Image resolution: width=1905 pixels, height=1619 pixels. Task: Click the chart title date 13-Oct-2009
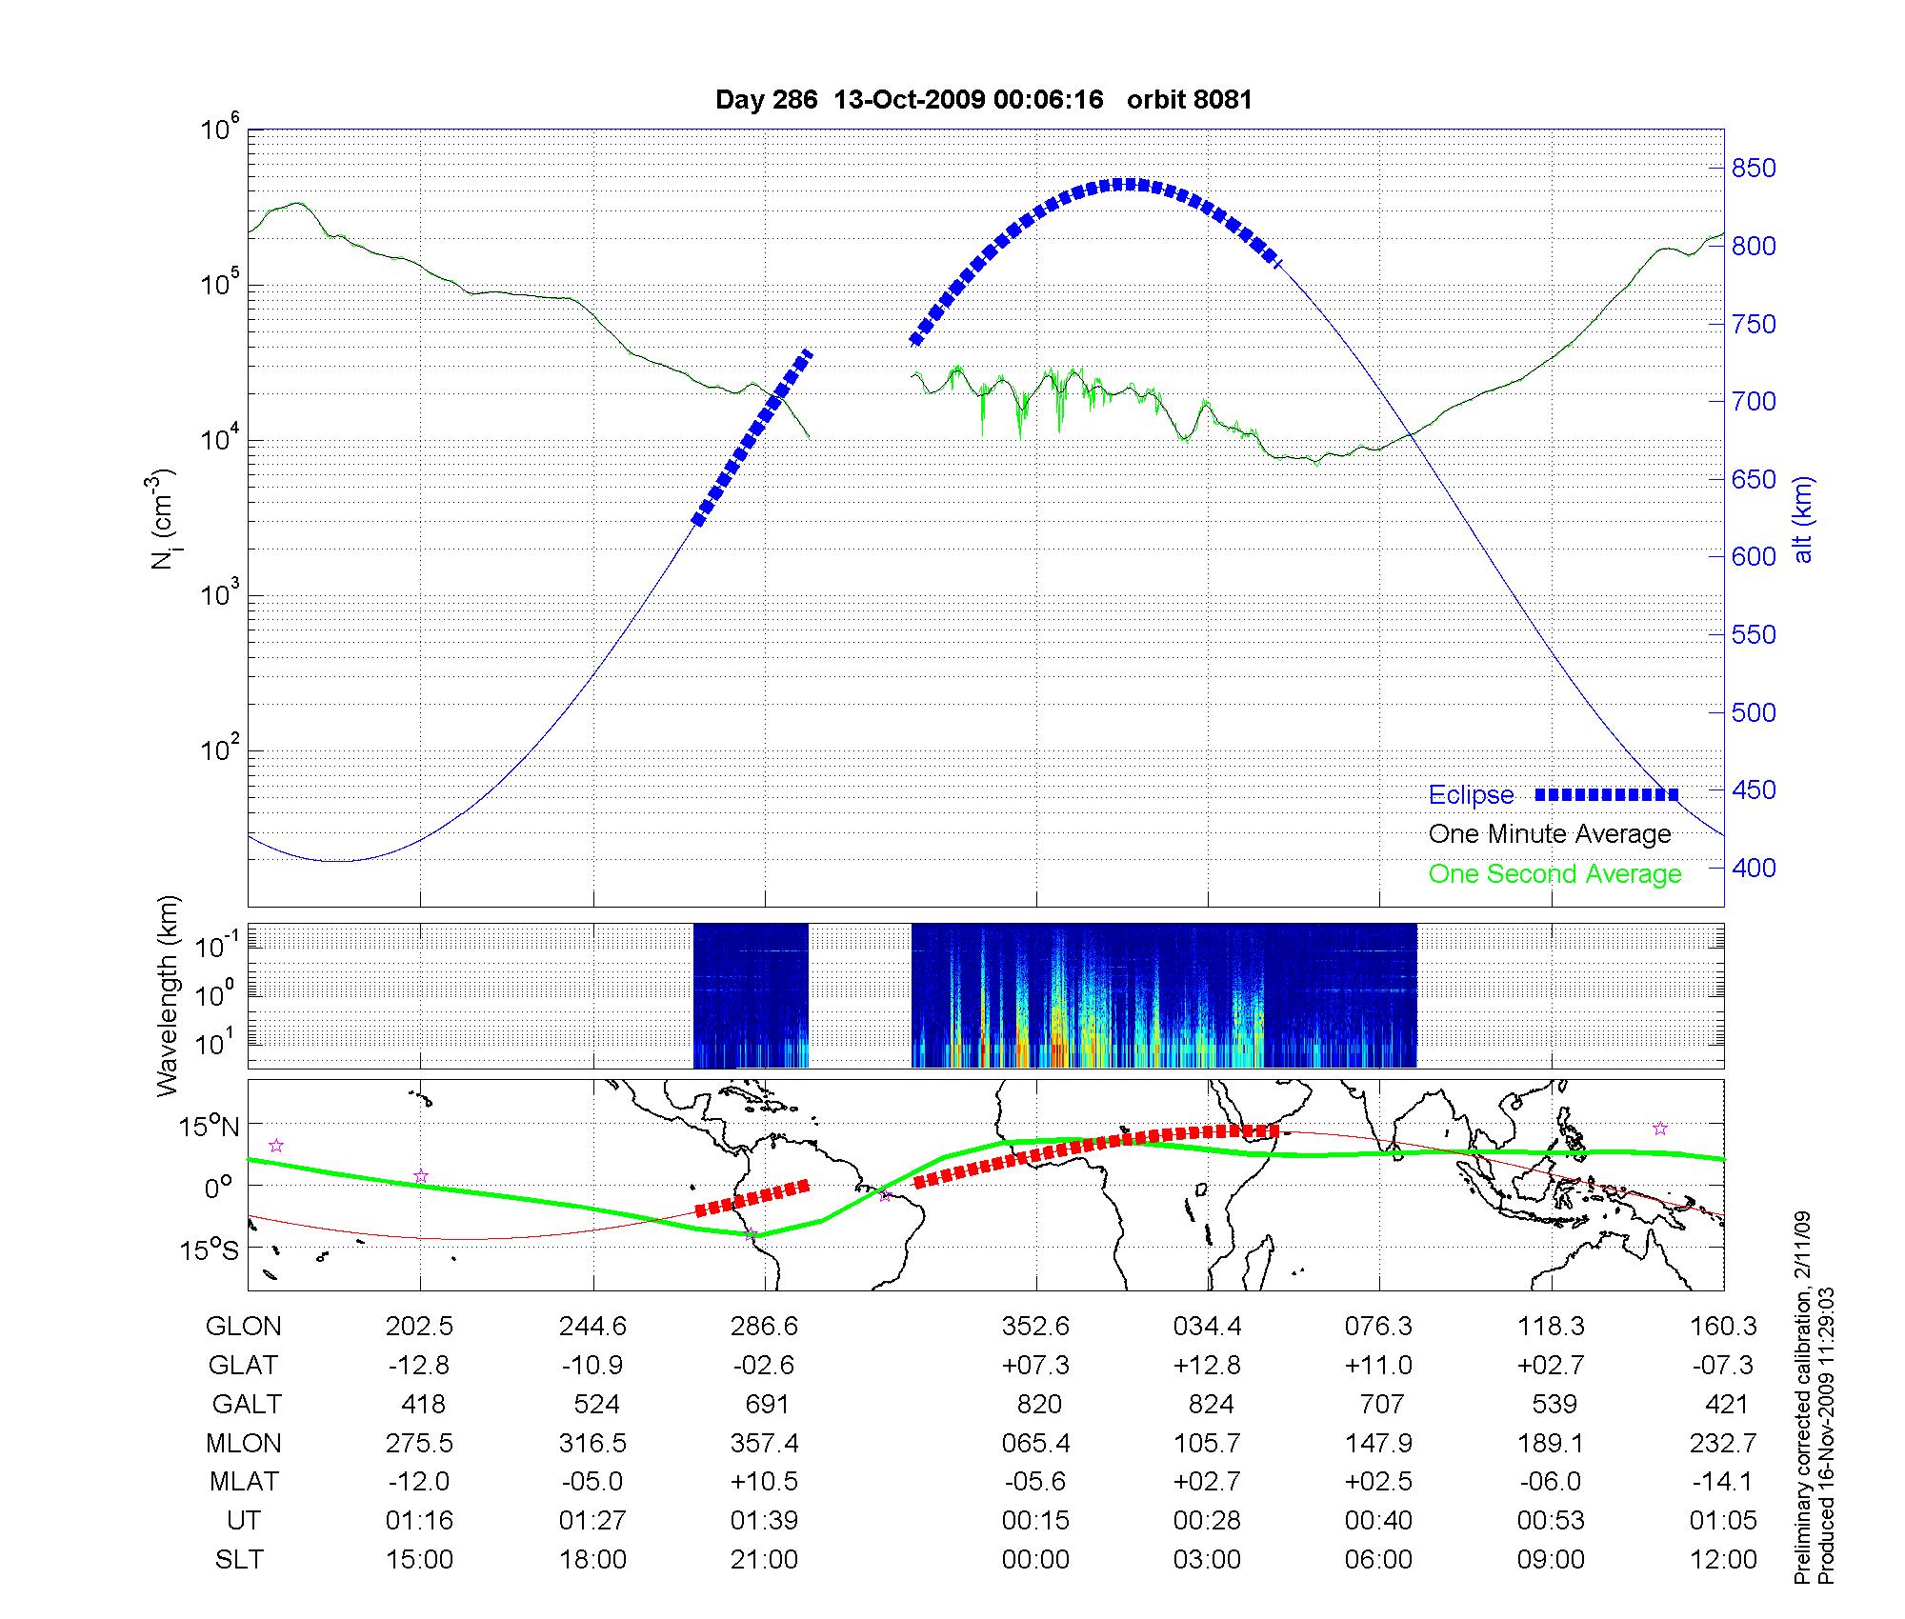tap(909, 100)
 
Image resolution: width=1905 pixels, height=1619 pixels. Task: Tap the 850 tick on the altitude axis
tap(1754, 169)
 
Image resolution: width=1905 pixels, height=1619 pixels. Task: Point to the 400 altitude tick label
tap(1754, 868)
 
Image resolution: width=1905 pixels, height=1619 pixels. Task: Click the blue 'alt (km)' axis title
tap(1804, 519)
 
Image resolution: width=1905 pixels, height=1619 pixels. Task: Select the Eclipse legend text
tap(1471, 795)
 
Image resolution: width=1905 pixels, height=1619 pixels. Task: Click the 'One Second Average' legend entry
tap(1554, 874)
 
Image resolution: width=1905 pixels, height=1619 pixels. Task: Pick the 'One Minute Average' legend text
tap(1550, 834)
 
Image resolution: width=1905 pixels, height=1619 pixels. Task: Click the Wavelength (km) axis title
tap(168, 995)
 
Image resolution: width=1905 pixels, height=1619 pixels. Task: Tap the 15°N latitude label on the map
tap(209, 1128)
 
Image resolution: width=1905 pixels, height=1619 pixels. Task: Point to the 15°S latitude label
tap(209, 1249)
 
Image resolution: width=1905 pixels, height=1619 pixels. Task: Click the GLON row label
tap(243, 1326)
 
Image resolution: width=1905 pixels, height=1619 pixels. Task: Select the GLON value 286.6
tap(765, 1326)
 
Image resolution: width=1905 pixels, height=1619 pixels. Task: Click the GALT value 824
tap(1211, 1405)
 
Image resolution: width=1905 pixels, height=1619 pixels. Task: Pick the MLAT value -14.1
tap(1722, 1482)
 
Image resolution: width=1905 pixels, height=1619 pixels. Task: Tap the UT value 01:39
tap(765, 1521)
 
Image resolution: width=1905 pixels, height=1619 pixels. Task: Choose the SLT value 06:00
tap(1378, 1560)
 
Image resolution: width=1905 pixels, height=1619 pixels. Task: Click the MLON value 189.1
tap(1551, 1444)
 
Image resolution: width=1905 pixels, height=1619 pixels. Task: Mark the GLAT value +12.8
tap(1208, 1366)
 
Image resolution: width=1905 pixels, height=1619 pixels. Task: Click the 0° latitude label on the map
tap(219, 1189)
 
